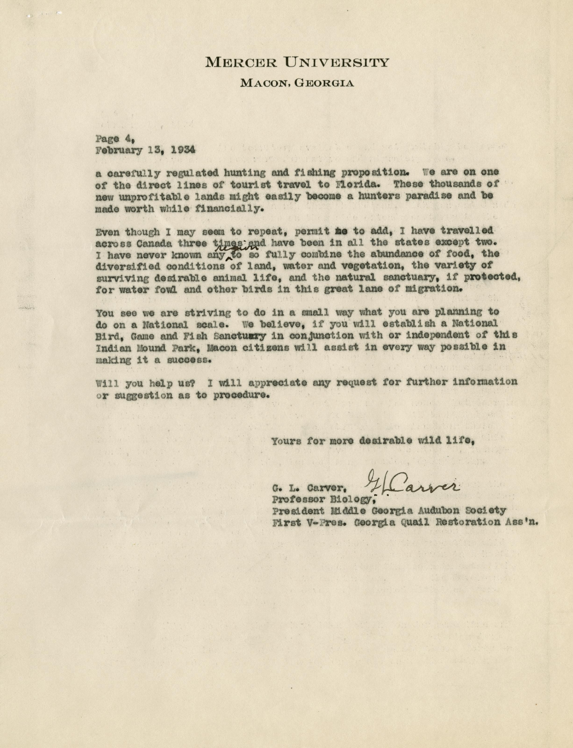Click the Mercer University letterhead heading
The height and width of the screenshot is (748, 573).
point(297,62)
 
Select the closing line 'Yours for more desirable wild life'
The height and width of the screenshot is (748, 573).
point(372,441)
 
